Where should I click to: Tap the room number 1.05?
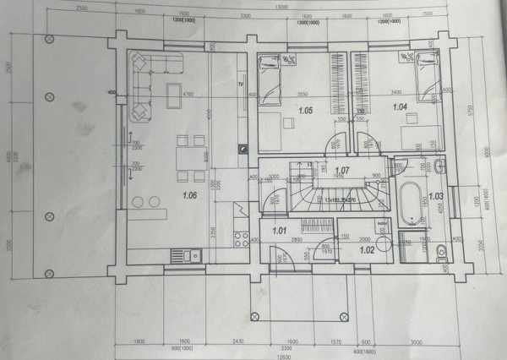coord(305,110)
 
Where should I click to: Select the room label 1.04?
coord(400,106)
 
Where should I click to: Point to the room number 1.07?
coord(341,172)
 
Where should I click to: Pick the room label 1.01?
coord(280,229)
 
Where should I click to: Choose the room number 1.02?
coord(367,249)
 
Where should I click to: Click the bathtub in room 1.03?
coord(414,201)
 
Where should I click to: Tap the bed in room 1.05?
coord(270,81)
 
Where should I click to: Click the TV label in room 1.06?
coord(241,85)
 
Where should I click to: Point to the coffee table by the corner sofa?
coord(173,94)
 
